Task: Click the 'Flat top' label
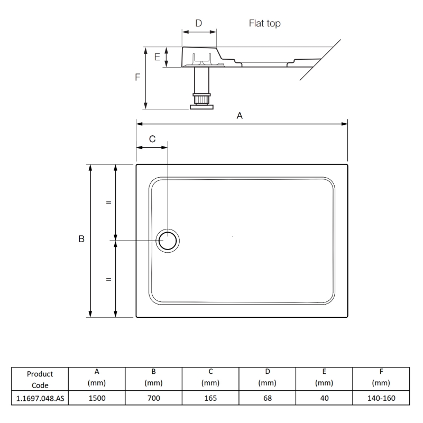pyautogui.click(x=264, y=24)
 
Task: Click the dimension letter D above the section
pyautogui.click(x=199, y=23)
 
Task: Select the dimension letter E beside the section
pyautogui.click(x=157, y=57)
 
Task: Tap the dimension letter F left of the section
pyautogui.click(x=137, y=77)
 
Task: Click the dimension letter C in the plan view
pyautogui.click(x=152, y=139)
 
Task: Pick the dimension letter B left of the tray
pyautogui.click(x=81, y=240)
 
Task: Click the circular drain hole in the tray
pyautogui.click(x=169, y=241)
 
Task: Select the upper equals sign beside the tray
pyautogui.click(x=108, y=203)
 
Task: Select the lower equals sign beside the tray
pyautogui.click(x=108, y=279)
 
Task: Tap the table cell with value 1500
pyautogui.click(x=97, y=398)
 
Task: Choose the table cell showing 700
pyautogui.click(x=153, y=398)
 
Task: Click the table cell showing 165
pyautogui.click(x=210, y=398)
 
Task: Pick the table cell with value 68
pyautogui.click(x=267, y=398)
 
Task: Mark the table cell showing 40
pyautogui.click(x=324, y=398)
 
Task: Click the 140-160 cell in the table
pyautogui.click(x=381, y=398)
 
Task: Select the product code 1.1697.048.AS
pyautogui.click(x=41, y=398)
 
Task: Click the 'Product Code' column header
pyautogui.click(x=41, y=379)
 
